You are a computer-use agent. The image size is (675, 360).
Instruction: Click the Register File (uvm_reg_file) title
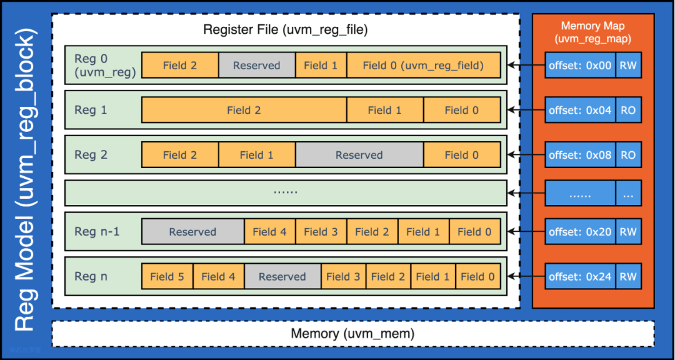coord(286,29)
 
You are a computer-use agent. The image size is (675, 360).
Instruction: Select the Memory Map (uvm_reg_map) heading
coord(592,32)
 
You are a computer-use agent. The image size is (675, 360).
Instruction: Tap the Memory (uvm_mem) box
coord(352,334)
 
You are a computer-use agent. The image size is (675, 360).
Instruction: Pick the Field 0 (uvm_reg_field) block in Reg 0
coord(423,65)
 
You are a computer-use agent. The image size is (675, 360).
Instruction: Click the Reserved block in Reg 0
coord(256,65)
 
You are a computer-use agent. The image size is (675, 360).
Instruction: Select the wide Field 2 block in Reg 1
coord(244,110)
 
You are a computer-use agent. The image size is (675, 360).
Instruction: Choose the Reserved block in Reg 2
coord(359,155)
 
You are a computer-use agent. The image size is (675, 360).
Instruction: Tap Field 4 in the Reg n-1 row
coord(269,232)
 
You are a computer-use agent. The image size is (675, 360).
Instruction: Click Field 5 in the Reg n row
coord(167,277)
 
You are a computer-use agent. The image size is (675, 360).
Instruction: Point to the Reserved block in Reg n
coord(282,277)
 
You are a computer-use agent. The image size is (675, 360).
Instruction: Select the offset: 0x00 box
coord(580,65)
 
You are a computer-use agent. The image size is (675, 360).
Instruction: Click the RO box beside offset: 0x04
coord(627,110)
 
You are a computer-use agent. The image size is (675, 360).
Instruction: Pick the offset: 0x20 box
coord(580,232)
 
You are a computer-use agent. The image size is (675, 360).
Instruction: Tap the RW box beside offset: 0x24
coord(627,277)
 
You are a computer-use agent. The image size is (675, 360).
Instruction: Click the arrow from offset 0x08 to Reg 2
coord(526,155)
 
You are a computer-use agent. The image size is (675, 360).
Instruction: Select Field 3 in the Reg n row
coord(343,277)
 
